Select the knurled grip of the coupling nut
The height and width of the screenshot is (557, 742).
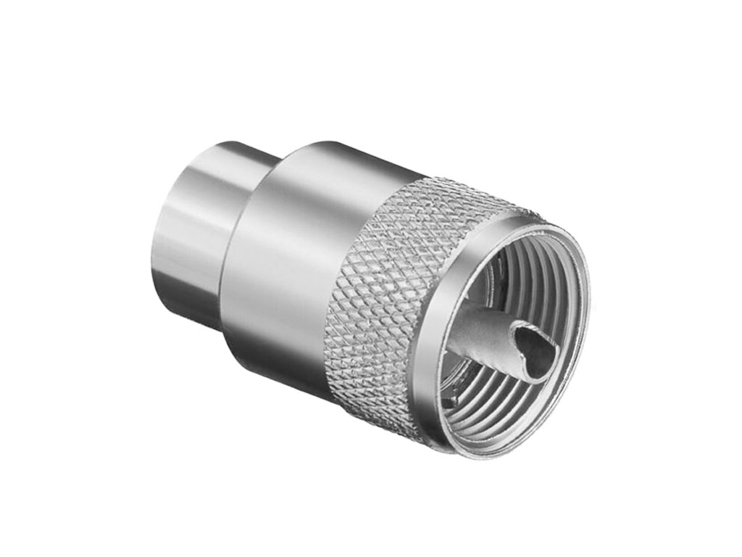[x=384, y=290]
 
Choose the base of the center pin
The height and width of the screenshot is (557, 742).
[x=457, y=348]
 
